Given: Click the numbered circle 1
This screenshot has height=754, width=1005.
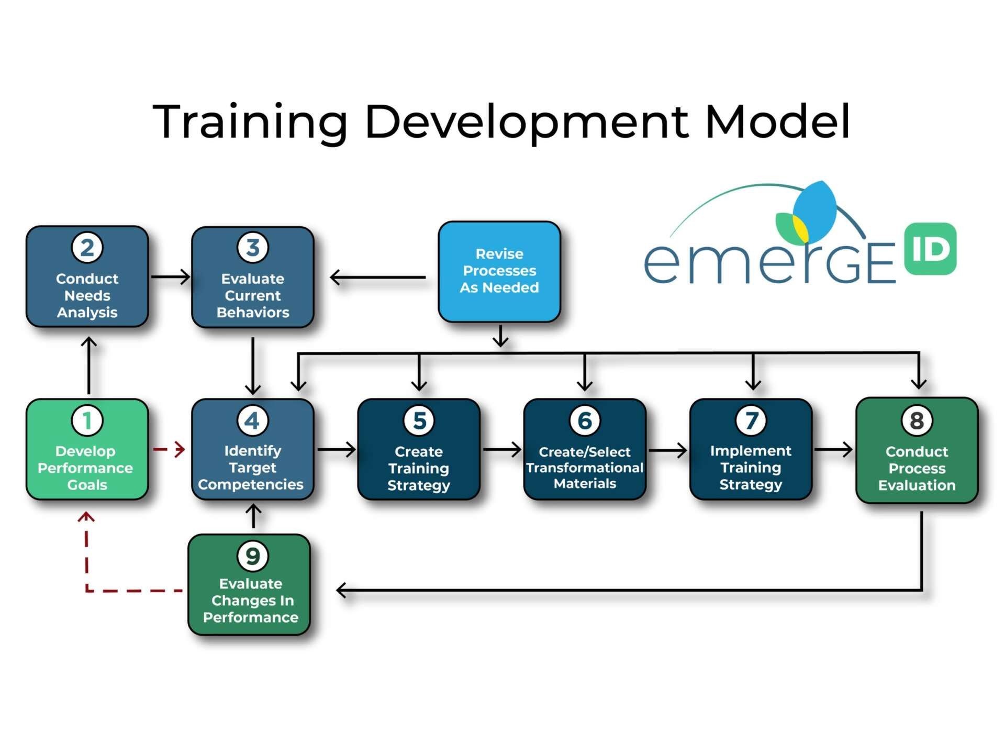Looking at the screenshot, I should [87, 420].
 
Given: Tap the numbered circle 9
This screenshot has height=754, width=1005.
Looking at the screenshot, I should [252, 556].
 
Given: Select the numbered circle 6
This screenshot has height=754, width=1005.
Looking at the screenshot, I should [585, 420].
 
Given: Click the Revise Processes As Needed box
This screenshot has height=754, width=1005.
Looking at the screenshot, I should [499, 271].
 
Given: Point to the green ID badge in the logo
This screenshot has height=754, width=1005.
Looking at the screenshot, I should [930, 249].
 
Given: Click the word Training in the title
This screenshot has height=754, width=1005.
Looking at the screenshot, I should [250, 121].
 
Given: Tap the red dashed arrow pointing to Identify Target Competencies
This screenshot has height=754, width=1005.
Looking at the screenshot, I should [170, 449].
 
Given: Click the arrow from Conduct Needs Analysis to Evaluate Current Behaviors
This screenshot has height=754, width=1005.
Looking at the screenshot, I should [170, 276].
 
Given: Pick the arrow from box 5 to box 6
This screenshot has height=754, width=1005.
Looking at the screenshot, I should [501, 449].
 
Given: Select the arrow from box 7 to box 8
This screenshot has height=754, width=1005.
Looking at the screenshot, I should [833, 449].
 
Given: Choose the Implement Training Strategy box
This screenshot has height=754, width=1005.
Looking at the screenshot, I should [751, 449].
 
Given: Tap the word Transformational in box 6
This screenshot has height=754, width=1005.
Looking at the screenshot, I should [585, 468].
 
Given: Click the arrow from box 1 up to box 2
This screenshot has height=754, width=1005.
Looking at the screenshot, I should [89, 365].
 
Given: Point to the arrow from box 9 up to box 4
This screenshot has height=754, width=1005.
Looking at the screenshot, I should [253, 516].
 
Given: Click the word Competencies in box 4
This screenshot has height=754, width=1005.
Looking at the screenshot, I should [251, 485].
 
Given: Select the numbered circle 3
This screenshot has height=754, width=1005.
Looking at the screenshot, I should [253, 248].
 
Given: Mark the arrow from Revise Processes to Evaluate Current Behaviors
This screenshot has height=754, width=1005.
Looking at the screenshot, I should [378, 277].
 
